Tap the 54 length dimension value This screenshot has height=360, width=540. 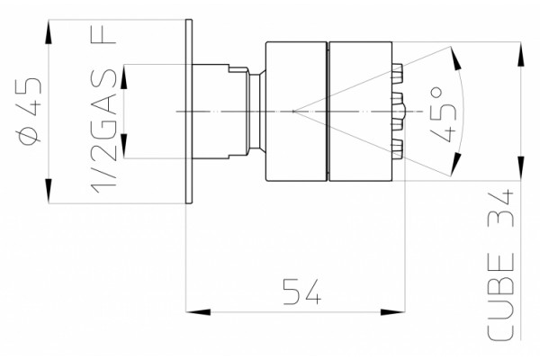[302, 292]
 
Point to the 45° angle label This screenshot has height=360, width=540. [444, 114]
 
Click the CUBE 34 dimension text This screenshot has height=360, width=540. [501, 264]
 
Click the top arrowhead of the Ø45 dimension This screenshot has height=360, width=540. [49, 31]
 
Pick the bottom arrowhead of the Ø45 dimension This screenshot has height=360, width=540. [49, 191]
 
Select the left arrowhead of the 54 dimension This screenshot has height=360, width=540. [198, 312]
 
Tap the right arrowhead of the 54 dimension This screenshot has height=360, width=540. [392, 312]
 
